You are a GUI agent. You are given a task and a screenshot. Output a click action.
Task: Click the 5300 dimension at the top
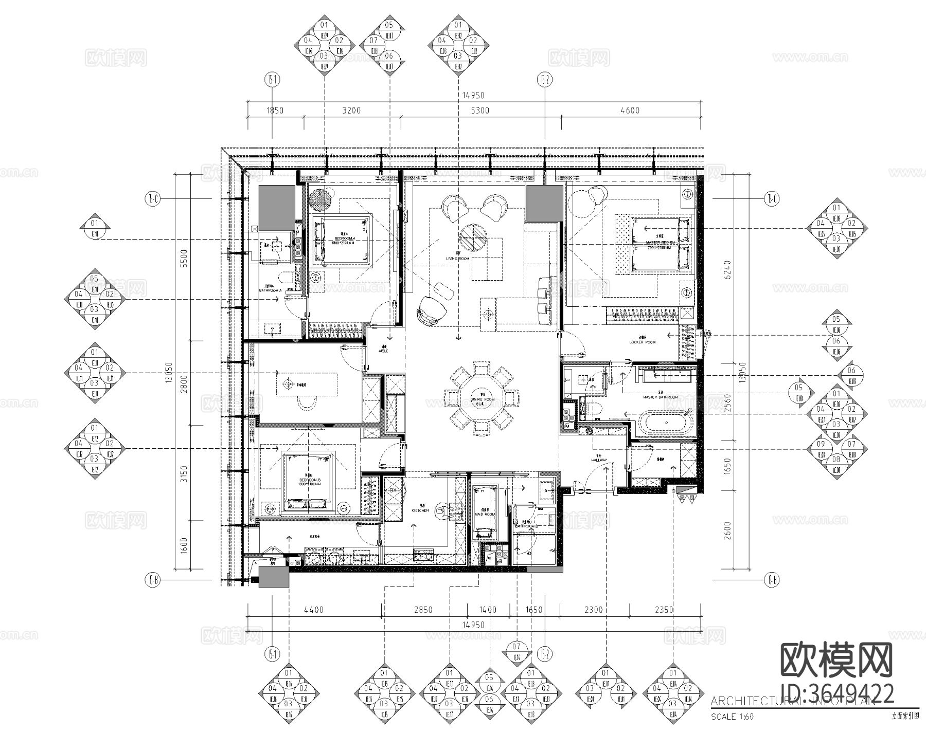pos(480,110)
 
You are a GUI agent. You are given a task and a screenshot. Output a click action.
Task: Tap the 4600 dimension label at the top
pos(630,110)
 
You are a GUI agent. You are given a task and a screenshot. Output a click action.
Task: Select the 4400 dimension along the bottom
pos(314,610)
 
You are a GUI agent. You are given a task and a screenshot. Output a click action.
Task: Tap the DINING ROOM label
pos(482,399)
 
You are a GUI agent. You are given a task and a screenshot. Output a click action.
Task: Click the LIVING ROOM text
pos(458,259)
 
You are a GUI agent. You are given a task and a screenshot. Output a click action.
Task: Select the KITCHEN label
pos(420,510)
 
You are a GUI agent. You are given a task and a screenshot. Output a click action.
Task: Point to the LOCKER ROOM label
pos(643,342)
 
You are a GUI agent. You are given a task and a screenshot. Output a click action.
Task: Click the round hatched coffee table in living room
pos(474,236)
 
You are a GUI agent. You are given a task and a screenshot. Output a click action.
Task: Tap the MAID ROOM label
pos(484,514)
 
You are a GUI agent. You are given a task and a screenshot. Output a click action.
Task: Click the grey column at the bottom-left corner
pos(274,578)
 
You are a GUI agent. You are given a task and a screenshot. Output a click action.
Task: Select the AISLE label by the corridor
pos(383,351)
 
